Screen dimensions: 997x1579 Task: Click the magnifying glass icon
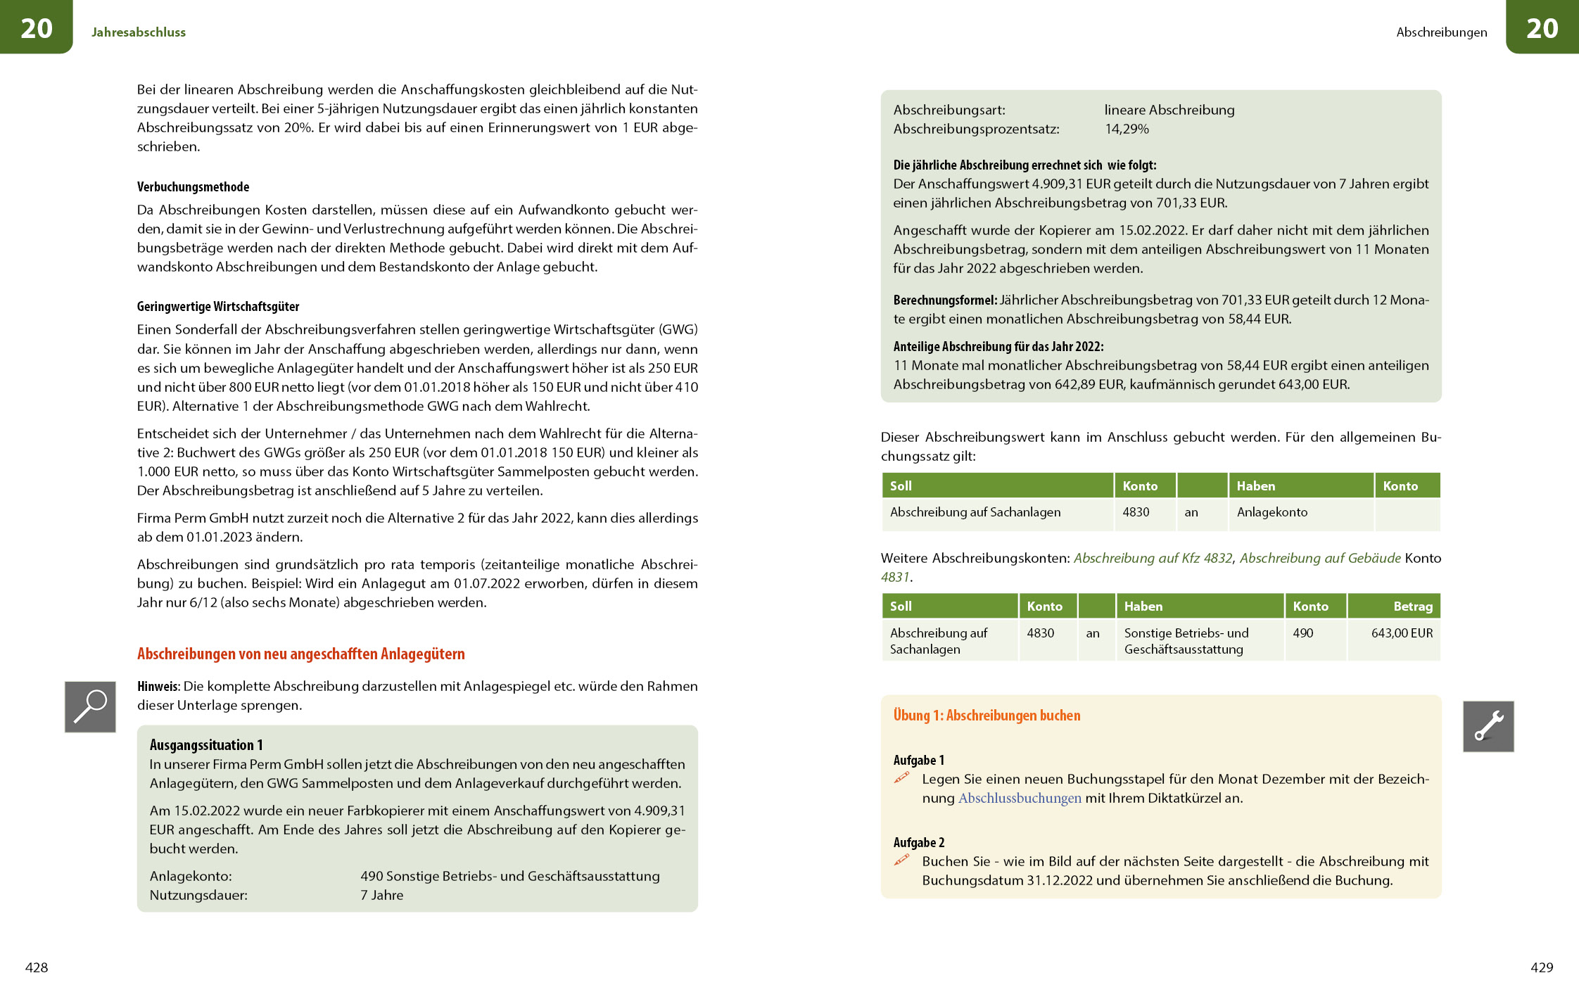(90, 706)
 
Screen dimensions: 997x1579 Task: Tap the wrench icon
(1488, 726)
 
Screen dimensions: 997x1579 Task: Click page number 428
(37, 967)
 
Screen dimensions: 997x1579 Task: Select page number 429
(1541, 967)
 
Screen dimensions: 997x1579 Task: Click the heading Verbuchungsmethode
(193, 187)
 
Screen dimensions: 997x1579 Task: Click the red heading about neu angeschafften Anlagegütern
(300, 654)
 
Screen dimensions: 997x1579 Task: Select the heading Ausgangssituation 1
(206, 745)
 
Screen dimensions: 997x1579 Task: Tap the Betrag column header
(1412, 607)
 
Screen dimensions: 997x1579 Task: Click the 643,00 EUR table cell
(1401, 633)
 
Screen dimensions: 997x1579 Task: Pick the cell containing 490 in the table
(1302, 633)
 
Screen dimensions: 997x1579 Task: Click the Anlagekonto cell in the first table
(1272, 512)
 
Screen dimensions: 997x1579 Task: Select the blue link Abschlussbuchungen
(1020, 799)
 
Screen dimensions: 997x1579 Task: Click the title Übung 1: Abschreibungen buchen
(987, 716)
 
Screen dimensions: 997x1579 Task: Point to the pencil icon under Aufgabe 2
(901, 861)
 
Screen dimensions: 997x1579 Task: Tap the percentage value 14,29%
(1127, 129)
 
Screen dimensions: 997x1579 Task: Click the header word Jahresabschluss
(139, 32)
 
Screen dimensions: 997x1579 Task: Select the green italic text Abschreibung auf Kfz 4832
(1153, 559)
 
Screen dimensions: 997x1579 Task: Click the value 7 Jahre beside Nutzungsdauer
(382, 896)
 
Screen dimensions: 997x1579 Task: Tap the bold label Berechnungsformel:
(944, 300)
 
